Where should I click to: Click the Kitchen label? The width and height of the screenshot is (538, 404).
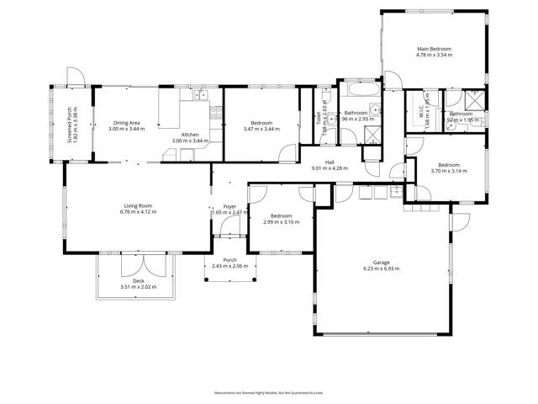point(191,134)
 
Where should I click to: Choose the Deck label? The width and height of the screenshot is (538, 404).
point(139,282)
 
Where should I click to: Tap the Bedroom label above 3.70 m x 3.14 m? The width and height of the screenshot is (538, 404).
point(448,165)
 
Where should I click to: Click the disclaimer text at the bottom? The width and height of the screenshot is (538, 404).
point(269,391)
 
